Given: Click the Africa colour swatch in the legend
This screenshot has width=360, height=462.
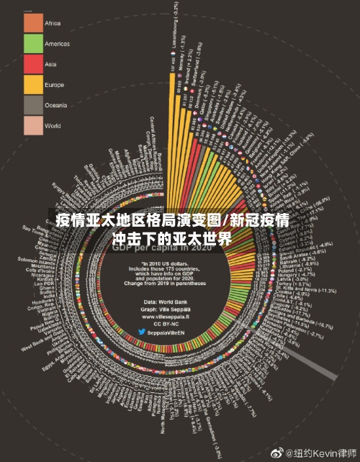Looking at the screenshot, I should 34,23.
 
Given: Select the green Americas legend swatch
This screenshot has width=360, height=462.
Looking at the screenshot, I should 34,44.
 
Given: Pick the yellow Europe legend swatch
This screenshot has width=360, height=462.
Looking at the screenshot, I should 34,85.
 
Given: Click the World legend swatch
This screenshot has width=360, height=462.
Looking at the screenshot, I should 34,126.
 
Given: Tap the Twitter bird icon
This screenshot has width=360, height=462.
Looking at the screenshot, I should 142,332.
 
